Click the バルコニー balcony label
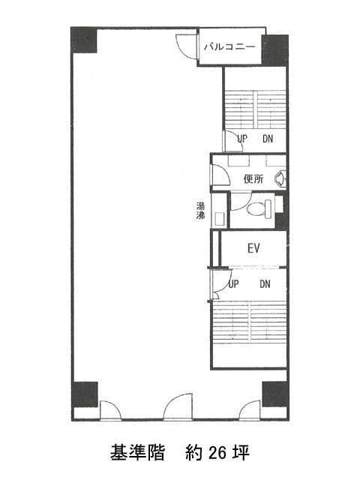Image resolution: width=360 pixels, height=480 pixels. pyautogui.click(x=229, y=46)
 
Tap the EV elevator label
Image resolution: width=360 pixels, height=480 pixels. pyautogui.click(x=253, y=248)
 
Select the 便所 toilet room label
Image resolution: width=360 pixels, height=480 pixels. pyautogui.click(x=253, y=178)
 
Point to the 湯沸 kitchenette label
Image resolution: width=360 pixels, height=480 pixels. pyautogui.click(x=200, y=211)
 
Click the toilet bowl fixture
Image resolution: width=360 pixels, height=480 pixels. pyautogui.click(x=259, y=209)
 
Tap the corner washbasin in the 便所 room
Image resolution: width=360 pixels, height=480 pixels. pyautogui.click(x=280, y=178)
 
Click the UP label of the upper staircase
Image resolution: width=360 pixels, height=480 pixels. pyautogui.click(x=242, y=139)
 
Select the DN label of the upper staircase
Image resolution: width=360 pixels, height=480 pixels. pyautogui.click(x=268, y=139)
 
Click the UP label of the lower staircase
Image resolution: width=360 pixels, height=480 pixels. pyautogui.click(x=233, y=284)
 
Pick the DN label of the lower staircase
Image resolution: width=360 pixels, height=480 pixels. pyautogui.click(x=265, y=284)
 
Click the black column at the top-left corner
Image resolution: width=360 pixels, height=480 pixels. pyautogui.click(x=84, y=40)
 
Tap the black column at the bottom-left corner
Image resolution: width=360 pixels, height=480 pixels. pyautogui.click(x=85, y=394)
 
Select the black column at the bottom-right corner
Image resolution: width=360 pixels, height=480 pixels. pyautogui.click(x=275, y=394)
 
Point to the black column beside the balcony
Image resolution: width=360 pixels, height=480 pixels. pyautogui.click(x=275, y=51)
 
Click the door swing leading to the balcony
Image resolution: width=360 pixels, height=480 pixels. pyautogui.click(x=186, y=46)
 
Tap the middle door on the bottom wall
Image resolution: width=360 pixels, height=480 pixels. pyautogui.click(x=178, y=406)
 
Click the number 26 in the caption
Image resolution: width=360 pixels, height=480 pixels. pyautogui.click(x=217, y=453)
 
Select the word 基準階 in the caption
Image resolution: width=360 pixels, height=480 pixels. pyautogui.click(x=137, y=453)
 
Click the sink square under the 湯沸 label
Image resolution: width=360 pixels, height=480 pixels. pyautogui.click(x=220, y=219)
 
